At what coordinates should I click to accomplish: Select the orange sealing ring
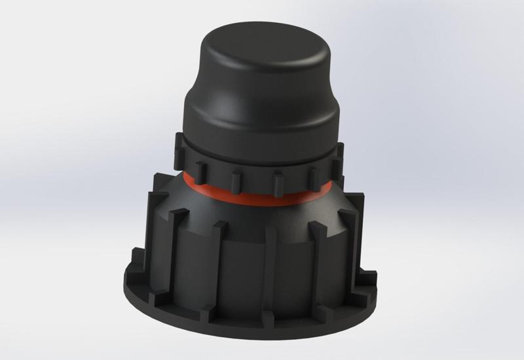262,196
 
